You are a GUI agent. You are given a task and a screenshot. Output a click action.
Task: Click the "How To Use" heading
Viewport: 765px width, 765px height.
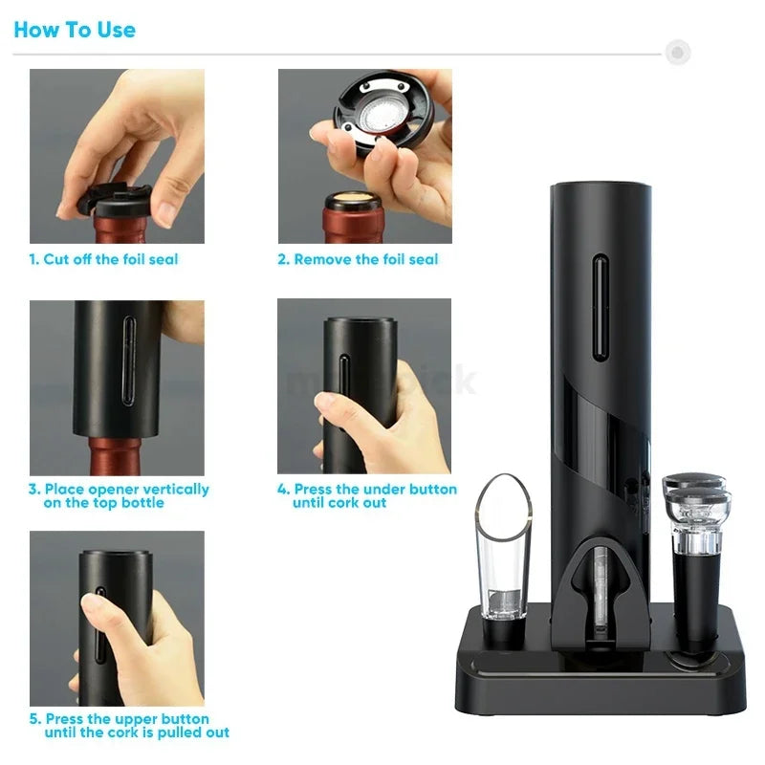[x=75, y=30]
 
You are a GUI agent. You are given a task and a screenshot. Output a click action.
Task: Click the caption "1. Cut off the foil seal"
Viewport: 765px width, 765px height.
[x=103, y=259]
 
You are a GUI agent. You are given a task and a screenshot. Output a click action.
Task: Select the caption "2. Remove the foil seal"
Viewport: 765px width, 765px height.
[x=358, y=259]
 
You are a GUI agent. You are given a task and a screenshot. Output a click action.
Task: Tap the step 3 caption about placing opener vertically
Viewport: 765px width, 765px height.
[x=119, y=495]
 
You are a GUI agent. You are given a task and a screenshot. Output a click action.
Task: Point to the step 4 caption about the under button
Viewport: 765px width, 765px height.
[x=367, y=495]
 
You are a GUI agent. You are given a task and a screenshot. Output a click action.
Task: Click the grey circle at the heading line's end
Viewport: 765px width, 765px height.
[x=678, y=52]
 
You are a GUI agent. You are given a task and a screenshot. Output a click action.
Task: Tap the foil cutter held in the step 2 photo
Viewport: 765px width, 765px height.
[x=383, y=115]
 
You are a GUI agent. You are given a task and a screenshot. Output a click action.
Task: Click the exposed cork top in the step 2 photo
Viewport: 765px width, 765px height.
[x=354, y=202]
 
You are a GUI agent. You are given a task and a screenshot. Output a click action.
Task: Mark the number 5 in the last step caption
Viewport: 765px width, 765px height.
[x=34, y=719]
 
